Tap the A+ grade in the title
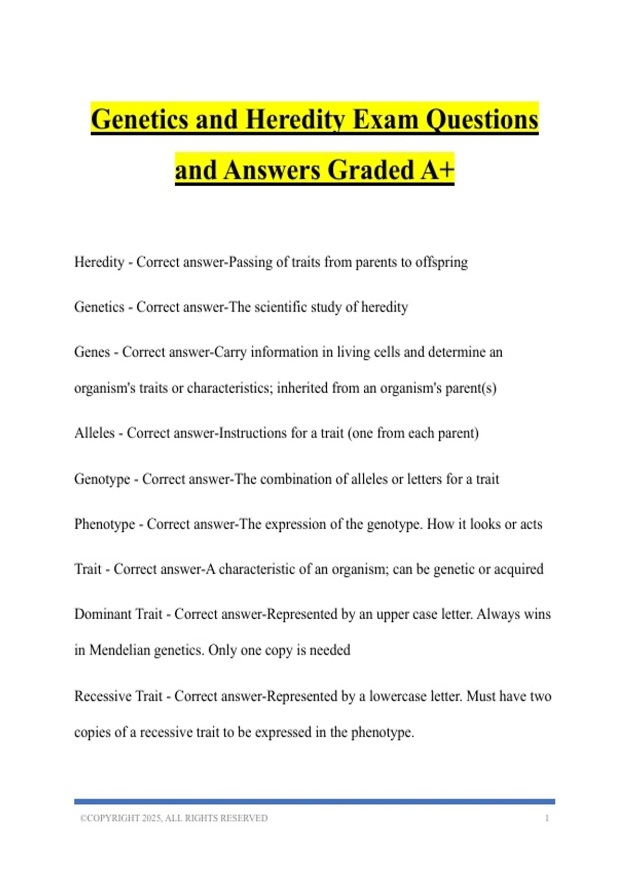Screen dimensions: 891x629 point(437,170)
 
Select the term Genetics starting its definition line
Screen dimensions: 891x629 point(99,307)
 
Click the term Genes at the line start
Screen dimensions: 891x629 point(92,352)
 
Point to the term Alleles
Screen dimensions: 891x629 point(94,433)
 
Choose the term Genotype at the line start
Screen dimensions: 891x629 point(102,479)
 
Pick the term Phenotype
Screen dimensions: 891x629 point(104,524)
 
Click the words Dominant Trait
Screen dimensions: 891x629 point(118,614)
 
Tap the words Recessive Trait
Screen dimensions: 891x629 point(118,697)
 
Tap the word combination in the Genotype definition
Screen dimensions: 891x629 point(296,479)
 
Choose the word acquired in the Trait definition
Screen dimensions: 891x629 point(518,569)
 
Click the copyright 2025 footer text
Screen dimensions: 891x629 point(173,818)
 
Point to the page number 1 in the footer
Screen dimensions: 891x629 point(547,818)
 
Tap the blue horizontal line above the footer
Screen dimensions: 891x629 point(314,801)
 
